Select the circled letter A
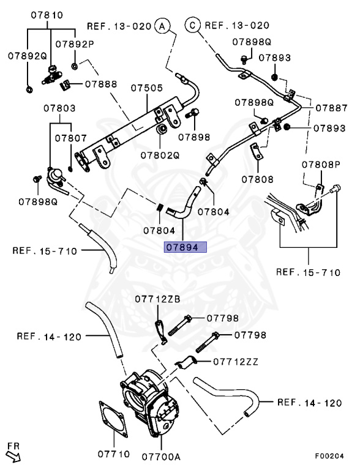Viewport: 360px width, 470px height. (162, 26)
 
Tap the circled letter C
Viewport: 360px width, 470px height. (193, 25)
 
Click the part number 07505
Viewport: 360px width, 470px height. (147, 88)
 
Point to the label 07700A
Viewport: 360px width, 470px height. (161, 457)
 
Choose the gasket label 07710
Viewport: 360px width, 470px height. (114, 454)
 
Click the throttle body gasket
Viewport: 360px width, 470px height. (113, 419)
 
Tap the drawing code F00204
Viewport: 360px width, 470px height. (329, 456)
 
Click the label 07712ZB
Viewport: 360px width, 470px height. (157, 299)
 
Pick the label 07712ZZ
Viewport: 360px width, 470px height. (236, 362)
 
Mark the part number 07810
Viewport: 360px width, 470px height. (47, 15)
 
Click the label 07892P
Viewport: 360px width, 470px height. (75, 44)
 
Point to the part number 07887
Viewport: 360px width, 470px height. (331, 108)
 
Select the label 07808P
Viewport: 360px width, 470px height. (321, 165)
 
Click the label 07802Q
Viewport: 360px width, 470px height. (160, 155)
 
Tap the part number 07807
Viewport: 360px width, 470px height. (71, 138)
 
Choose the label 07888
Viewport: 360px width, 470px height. (101, 84)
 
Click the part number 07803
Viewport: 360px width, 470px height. (60, 108)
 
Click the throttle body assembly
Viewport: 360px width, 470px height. (149, 401)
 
